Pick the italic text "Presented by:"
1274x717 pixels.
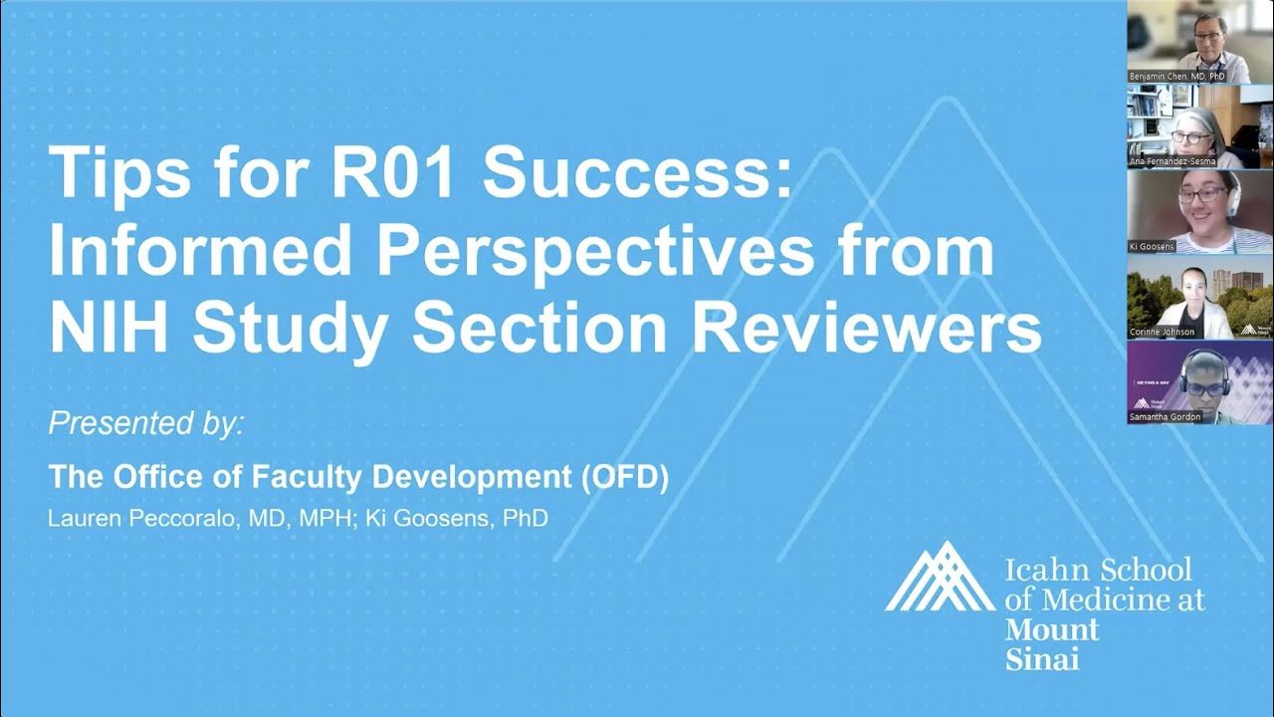click(145, 423)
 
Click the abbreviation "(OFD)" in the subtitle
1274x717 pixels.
click(624, 477)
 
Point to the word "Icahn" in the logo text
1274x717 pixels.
click(1048, 571)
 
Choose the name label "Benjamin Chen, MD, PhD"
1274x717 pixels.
click(1176, 77)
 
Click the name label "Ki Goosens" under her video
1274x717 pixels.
click(1153, 246)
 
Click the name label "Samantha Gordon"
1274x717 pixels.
click(1166, 417)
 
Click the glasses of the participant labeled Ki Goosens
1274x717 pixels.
click(1201, 195)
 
